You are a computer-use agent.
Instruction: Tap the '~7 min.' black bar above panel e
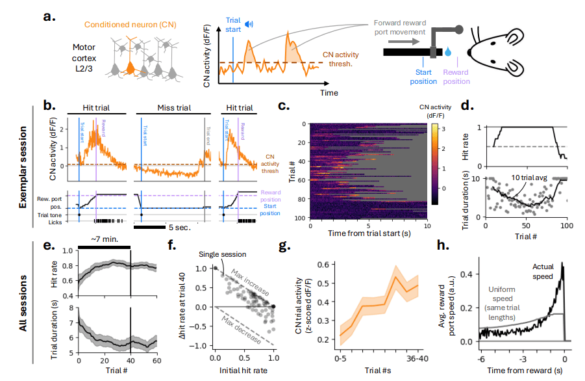pos(104,248)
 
